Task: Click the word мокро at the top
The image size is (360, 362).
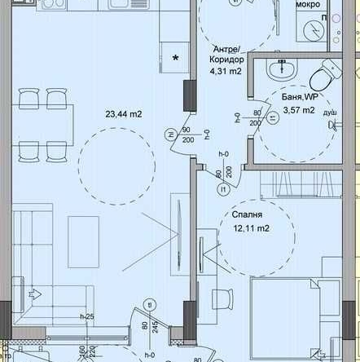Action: point(307,5)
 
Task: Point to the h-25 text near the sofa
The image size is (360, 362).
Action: point(86,316)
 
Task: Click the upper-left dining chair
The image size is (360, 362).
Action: point(31,98)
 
